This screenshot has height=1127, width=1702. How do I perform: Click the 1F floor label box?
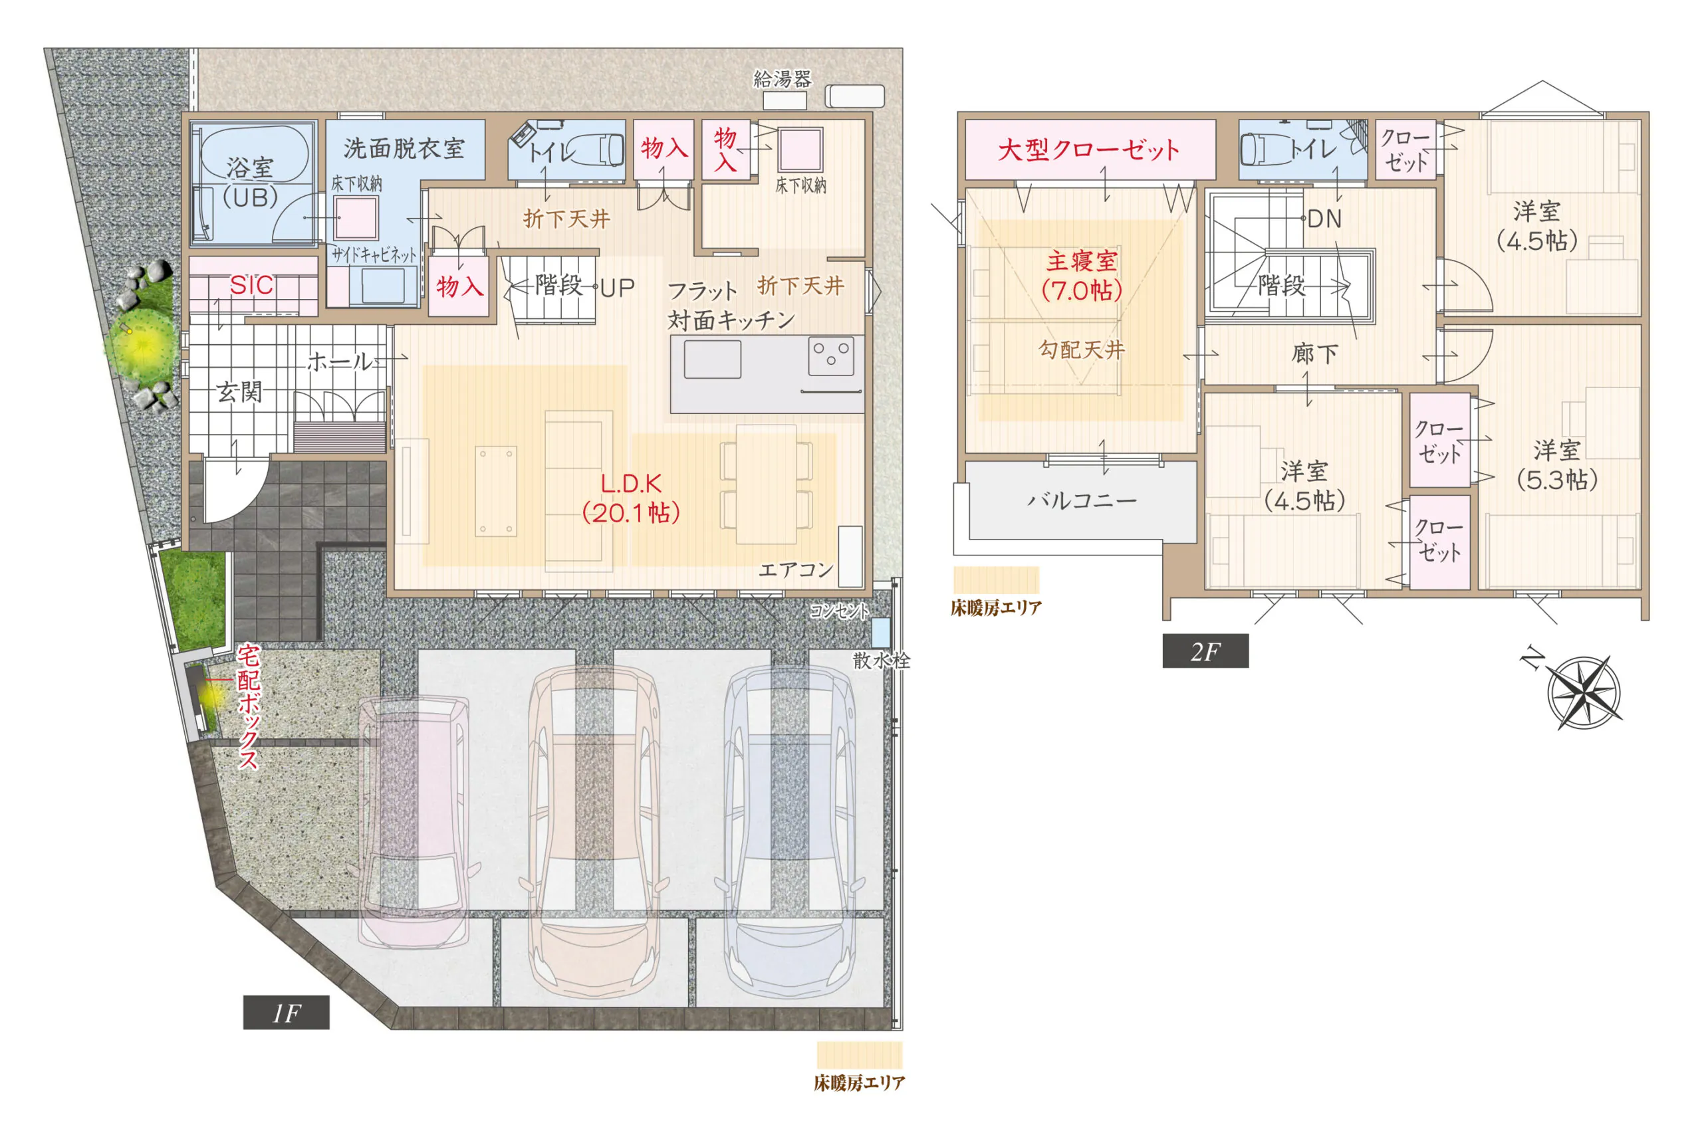(x=286, y=1013)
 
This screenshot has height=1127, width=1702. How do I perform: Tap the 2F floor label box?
(x=1205, y=651)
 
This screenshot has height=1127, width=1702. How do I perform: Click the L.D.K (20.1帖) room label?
(x=632, y=498)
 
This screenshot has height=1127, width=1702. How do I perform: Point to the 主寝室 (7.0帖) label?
(x=1082, y=275)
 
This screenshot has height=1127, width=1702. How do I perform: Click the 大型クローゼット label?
(x=1088, y=150)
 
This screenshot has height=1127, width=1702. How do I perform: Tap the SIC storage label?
(x=252, y=285)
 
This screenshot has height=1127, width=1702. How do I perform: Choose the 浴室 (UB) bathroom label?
(x=249, y=183)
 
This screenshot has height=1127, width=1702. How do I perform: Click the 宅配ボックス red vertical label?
(x=248, y=706)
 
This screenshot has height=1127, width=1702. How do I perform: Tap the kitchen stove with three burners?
(x=830, y=356)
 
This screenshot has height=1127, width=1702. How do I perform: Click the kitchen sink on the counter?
(x=712, y=359)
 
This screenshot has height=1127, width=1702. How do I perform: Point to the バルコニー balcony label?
(x=1082, y=500)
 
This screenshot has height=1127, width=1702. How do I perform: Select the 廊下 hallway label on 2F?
(x=1314, y=354)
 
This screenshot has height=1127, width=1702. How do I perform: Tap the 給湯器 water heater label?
(x=783, y=78)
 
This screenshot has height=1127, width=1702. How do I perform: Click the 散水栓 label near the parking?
(x=882, y=660)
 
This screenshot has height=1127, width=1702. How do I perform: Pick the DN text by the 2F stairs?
(x=1324, y=219)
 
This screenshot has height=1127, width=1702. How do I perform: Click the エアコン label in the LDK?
(x=796, y=570)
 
